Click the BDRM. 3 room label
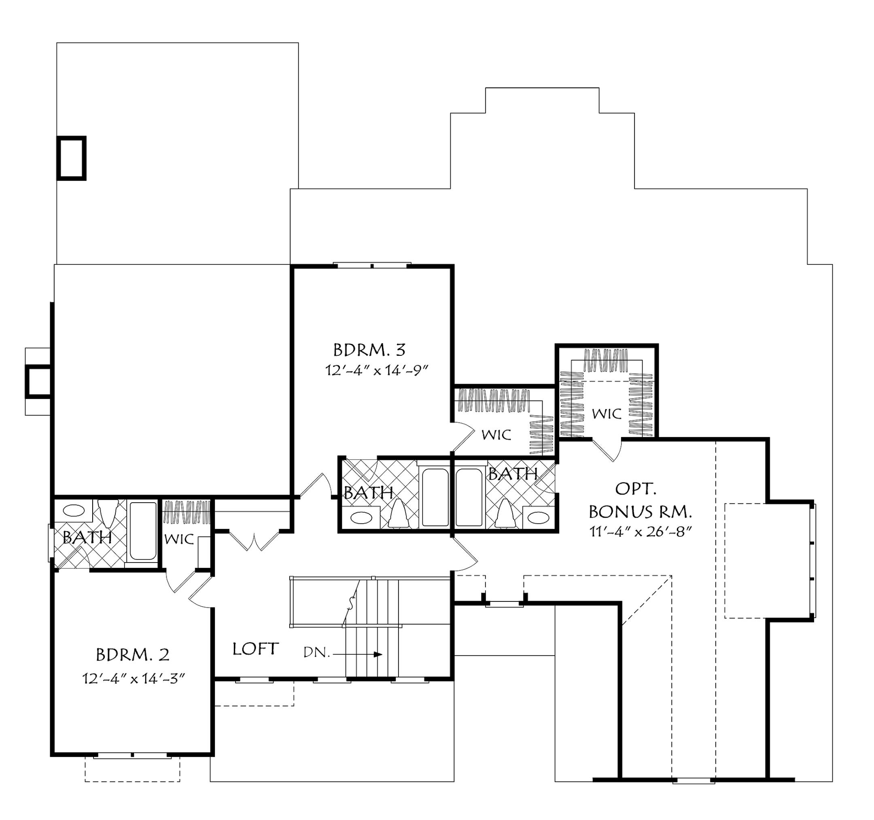[369, 351]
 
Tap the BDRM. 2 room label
[132, 655]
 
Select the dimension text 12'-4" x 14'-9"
[377, 371]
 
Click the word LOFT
[255, 649]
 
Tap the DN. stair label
[316, 653]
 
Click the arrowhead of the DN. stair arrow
[378, 654]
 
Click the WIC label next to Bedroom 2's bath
[179, 540]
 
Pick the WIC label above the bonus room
[606, 414]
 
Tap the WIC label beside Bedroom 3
[496, 435]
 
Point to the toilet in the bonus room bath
[504, 515]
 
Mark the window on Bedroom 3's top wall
[372, 265]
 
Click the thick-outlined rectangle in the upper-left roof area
[71, 158]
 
